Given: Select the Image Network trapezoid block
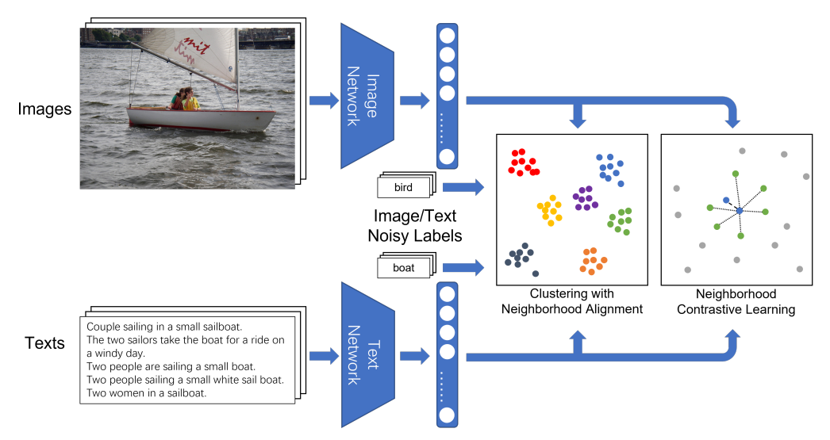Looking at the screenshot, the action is coord(367,96).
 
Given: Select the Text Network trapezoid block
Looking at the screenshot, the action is coord(368,355).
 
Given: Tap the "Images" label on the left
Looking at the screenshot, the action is coord(44,109).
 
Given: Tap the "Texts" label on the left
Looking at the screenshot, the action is coord(44,343).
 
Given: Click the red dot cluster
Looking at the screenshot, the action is coord(523,163).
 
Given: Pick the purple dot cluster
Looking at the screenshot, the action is coord(586,198).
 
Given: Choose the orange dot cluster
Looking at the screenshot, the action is coord(593,262).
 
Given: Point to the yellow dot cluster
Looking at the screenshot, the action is coord(549,210).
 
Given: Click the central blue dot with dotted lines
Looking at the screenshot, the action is coord(740,210).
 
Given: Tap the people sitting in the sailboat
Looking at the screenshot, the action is coord(184,99).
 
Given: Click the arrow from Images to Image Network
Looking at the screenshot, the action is coord(324,101).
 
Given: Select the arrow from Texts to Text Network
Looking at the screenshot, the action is coord(324,356).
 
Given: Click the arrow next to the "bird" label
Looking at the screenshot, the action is coord(463,186).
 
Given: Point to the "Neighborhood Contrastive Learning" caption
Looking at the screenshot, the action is coord(736,301).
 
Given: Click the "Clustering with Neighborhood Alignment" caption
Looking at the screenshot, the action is coord(571,301).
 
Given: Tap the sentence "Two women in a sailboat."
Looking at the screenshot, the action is coord(146,393).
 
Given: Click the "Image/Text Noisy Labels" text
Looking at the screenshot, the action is coord(415,226).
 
